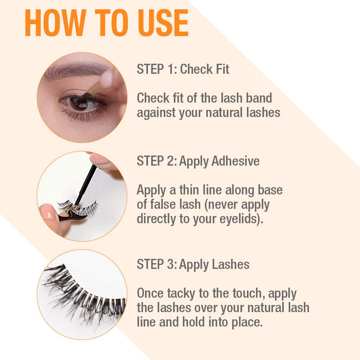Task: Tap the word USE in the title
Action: click(163, 23)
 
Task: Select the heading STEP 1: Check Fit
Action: click(183, 69)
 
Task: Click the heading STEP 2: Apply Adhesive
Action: click(198, 161)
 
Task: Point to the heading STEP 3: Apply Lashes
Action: click(193, 264)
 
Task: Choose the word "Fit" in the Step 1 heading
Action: click(221, 69)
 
